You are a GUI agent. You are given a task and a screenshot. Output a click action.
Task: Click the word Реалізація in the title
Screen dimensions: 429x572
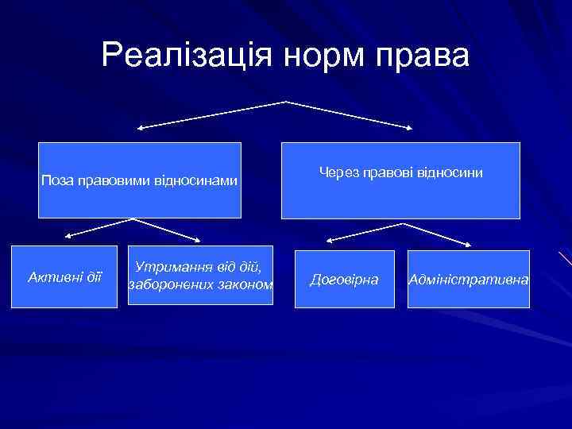181,56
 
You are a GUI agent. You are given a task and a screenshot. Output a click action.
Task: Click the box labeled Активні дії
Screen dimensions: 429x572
65,277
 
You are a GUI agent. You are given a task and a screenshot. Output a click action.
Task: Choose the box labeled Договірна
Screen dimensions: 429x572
345,280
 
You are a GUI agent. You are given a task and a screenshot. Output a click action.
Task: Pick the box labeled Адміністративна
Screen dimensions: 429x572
469,280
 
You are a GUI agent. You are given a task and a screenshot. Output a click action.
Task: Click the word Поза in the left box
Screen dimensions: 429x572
57,180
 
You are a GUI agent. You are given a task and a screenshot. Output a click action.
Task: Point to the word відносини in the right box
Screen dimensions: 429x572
454,171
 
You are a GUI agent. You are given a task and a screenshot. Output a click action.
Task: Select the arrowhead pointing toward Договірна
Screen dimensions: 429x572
327,240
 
